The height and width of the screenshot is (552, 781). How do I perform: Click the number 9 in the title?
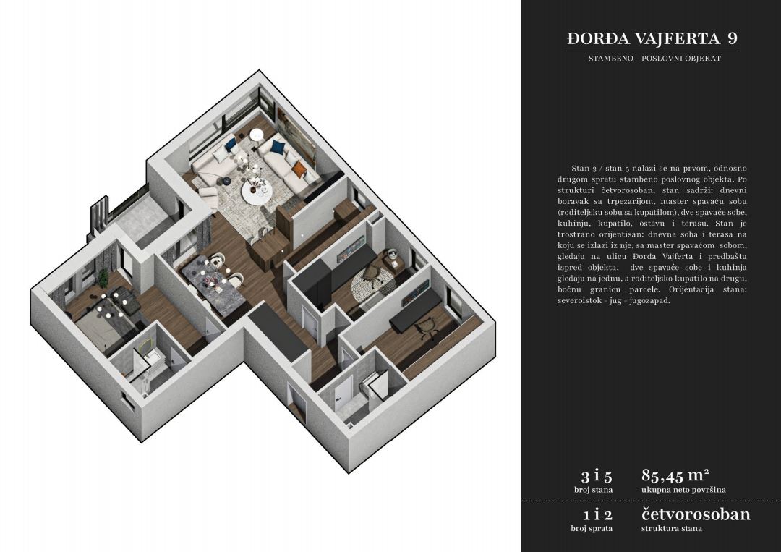click(x=732, y=38)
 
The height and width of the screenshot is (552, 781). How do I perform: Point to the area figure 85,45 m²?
click(x=675, y=475)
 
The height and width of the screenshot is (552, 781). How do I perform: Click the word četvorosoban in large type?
click(x=695, y=514)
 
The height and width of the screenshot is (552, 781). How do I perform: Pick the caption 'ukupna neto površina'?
click(x=683, y=490)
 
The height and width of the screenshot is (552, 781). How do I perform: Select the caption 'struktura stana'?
click(x=671, y=529)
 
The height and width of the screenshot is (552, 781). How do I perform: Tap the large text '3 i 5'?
click(x=596, y=476)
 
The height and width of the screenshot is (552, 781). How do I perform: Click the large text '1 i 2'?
click(x=597, y=515)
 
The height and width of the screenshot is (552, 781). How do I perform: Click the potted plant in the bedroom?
click(x=106, y=277)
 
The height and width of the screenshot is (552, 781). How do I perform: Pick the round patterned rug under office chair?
click(x=372, y=286)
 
